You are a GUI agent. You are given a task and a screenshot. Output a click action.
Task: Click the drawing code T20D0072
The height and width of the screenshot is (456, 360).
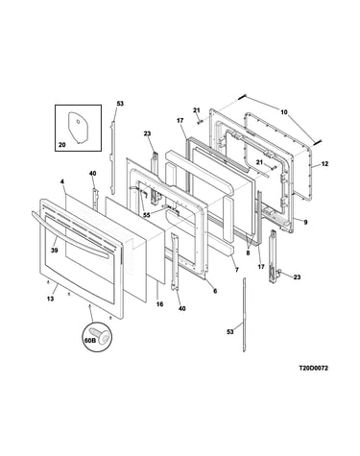(x=313, y=368)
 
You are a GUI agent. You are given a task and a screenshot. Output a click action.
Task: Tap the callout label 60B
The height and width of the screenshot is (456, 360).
(x=90, y=341)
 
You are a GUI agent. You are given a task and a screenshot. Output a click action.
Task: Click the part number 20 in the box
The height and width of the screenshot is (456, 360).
(x=62, y=145)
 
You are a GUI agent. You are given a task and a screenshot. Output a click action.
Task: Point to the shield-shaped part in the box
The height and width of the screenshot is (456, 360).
(x=78, y=128)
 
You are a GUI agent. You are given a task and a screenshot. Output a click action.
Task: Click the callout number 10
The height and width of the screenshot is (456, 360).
(x=284, y=112)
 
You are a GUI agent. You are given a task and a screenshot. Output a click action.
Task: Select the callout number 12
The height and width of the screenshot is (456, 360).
(x=324, y=164)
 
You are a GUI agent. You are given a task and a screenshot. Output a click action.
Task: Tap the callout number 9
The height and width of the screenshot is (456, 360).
(x=305, y=222)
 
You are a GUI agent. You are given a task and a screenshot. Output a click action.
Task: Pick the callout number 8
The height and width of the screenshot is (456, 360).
(x=249, y=252)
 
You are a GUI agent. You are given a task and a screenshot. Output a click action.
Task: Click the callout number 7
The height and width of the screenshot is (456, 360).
(x=237, y=270)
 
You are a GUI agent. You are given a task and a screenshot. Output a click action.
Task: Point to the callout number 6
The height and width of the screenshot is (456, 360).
(x=215, y=291)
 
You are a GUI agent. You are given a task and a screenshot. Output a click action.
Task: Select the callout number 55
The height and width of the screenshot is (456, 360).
(x=147, y=215)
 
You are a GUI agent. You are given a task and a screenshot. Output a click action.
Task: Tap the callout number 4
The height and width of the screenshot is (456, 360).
(x=62, y=181)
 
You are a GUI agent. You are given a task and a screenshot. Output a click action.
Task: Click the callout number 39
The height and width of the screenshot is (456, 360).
(x=55, y=251)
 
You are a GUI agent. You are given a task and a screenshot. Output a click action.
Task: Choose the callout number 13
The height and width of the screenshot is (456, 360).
(x=50, y=299)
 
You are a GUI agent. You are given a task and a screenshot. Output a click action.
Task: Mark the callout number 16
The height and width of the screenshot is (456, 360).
(x=159, y=304)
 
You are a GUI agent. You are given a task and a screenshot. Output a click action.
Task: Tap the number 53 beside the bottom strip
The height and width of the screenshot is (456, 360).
(x=230, y=332)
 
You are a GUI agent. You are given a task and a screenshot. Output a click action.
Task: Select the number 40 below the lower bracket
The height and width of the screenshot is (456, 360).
(x=181, y=309)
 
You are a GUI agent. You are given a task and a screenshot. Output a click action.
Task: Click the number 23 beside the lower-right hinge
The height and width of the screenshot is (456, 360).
(x=297, y=277)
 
